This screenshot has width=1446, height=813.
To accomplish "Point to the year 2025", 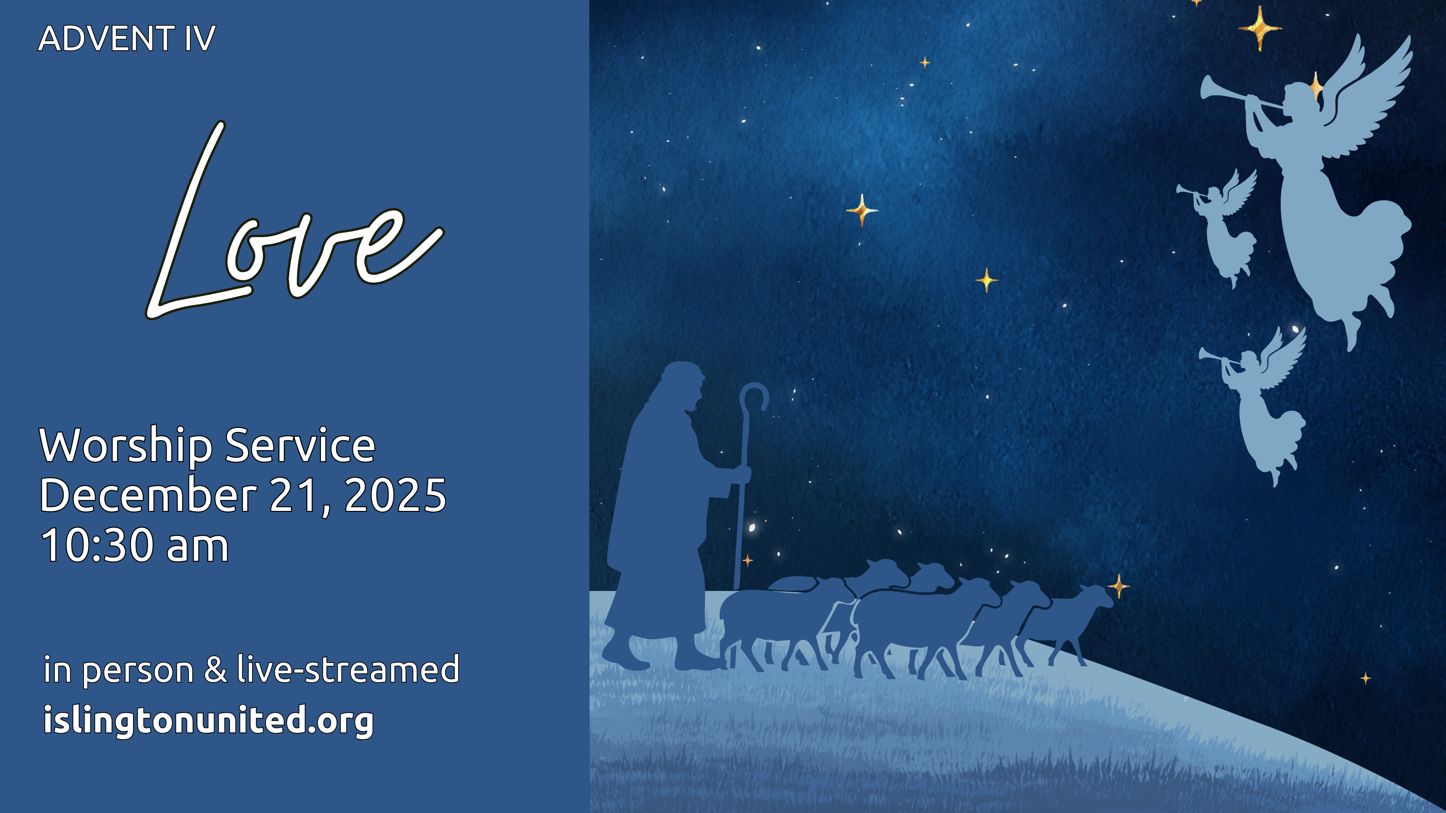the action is click(395, 495).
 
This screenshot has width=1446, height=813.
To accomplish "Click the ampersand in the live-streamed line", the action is click(215, 669).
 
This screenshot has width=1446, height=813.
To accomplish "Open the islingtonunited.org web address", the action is click(208, 720).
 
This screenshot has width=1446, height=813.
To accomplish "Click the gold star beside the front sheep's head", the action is click(1119, 586).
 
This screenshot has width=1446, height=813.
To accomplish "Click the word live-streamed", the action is click(348, 669).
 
